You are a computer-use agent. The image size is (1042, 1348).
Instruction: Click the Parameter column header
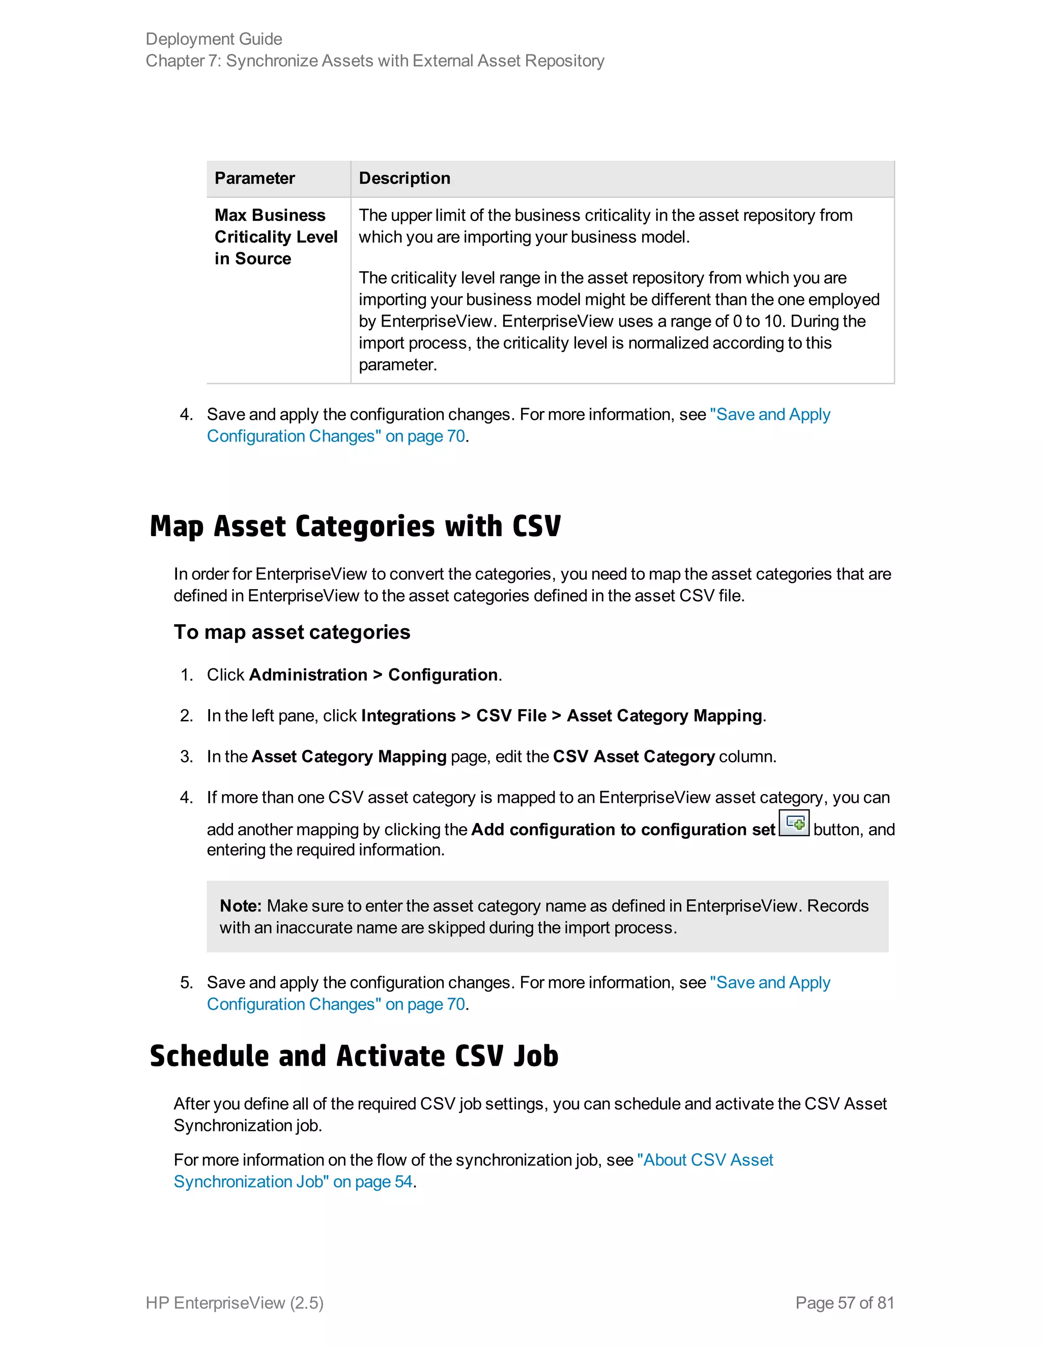click(x=254, y=179)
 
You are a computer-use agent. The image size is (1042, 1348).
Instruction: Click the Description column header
click(x=404, y=179)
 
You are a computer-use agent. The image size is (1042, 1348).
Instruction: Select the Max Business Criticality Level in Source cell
click(x=276, y=237)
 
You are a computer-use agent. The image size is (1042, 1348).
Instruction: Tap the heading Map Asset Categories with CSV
click(x=355, y=526)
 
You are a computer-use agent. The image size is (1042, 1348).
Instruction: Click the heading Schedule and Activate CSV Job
click(x=354, y=1056)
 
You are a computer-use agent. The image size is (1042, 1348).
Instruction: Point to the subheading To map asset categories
click(x=292, y=632)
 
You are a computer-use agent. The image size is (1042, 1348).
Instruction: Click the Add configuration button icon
click(x=794, y=824)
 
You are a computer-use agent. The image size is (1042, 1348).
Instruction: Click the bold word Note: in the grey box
click(x=241, y=905)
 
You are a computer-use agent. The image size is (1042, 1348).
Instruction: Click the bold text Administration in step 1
click(x=308, y=675)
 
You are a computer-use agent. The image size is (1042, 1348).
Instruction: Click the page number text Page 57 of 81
click(x=845, y=1302)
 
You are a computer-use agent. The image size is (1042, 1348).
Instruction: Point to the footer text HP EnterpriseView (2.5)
click(x=235, y=1302)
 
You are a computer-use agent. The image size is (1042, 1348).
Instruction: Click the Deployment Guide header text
click(x=214, y=39)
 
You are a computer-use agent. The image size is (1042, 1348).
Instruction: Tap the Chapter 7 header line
click(x=374, y=61)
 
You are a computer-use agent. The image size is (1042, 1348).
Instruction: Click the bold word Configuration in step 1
click(x=443, y=675)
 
